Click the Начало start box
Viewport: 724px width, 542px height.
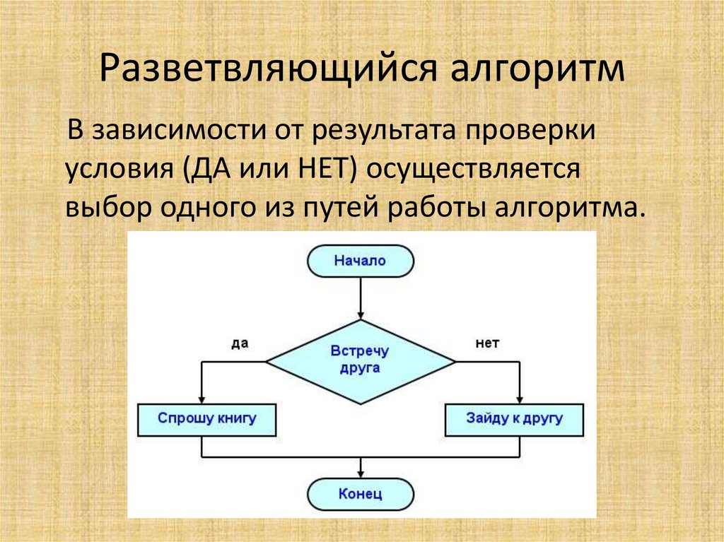click(361, 261)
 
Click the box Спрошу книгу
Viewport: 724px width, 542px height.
click(206, 418)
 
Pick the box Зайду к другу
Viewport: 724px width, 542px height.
click(514, 418)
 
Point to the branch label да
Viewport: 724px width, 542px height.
click(240, 343)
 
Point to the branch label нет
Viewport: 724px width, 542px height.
click(487, 343)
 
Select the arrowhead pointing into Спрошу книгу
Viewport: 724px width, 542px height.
click(202, 399)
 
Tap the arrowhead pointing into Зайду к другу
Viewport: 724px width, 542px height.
click(520, 399)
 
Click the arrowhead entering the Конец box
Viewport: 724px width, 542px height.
click(361, 474)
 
